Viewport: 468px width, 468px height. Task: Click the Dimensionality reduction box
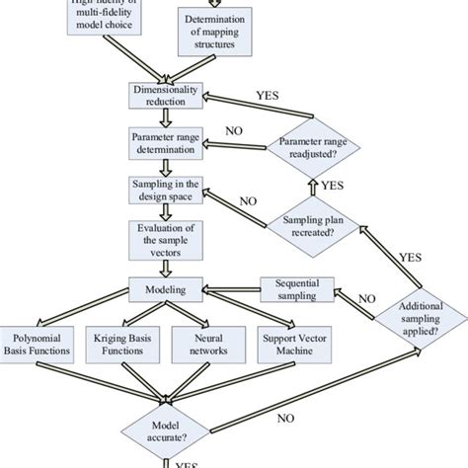point(166,96)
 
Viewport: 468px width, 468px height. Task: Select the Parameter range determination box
point(166,142)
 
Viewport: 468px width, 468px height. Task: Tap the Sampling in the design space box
point(166,189)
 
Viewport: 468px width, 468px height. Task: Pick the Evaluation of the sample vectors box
point(166,240)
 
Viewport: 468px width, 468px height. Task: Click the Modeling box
point(166,289)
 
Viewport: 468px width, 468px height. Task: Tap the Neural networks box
point(203,344)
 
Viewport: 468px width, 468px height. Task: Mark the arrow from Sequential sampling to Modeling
point(222,289)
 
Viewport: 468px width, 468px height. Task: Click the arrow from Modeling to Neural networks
point(188,310)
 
